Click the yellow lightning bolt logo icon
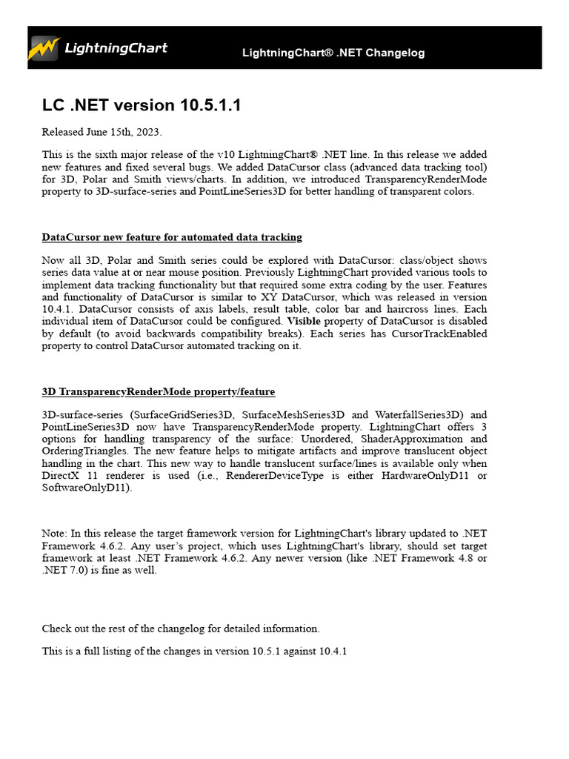point(44,48)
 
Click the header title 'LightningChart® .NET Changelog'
point(333,53)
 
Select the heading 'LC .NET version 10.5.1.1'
point(142,105)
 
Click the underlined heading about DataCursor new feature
point(172,237)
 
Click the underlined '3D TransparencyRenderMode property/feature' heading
point(159,391)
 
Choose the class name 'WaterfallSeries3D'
point(418,415)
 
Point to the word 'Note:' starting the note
point(54,534)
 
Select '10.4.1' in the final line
point(333,652)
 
